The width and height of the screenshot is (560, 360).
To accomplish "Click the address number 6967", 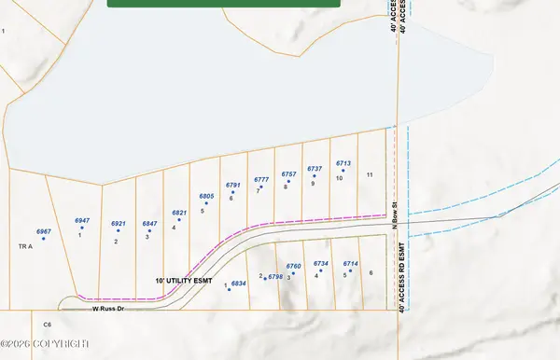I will click(43, 230).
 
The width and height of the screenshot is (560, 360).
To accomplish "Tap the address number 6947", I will click(82, 220).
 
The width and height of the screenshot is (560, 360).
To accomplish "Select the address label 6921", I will click(118, 224).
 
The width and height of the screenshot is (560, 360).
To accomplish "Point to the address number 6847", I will click(149, 224).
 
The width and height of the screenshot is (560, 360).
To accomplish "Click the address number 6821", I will click(179, 213).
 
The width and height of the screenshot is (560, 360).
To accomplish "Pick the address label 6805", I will click(207, 196).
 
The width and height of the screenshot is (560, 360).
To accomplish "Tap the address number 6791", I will click(232, 185).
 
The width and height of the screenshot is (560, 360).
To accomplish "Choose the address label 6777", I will click(261, 178).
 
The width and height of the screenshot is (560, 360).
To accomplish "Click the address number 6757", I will click(288, 173).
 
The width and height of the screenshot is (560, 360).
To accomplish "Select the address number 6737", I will click(315, 169).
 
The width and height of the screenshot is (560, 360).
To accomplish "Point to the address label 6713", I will click(343, 163).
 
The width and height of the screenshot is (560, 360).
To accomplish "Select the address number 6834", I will click(238, 283).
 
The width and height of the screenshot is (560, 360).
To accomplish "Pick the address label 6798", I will click(274, 277).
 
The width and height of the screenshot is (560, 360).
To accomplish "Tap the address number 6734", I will click(321, 264).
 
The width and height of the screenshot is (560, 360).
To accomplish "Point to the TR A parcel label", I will click(25, 246).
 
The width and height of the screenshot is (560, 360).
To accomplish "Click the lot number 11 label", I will click(370, 174).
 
